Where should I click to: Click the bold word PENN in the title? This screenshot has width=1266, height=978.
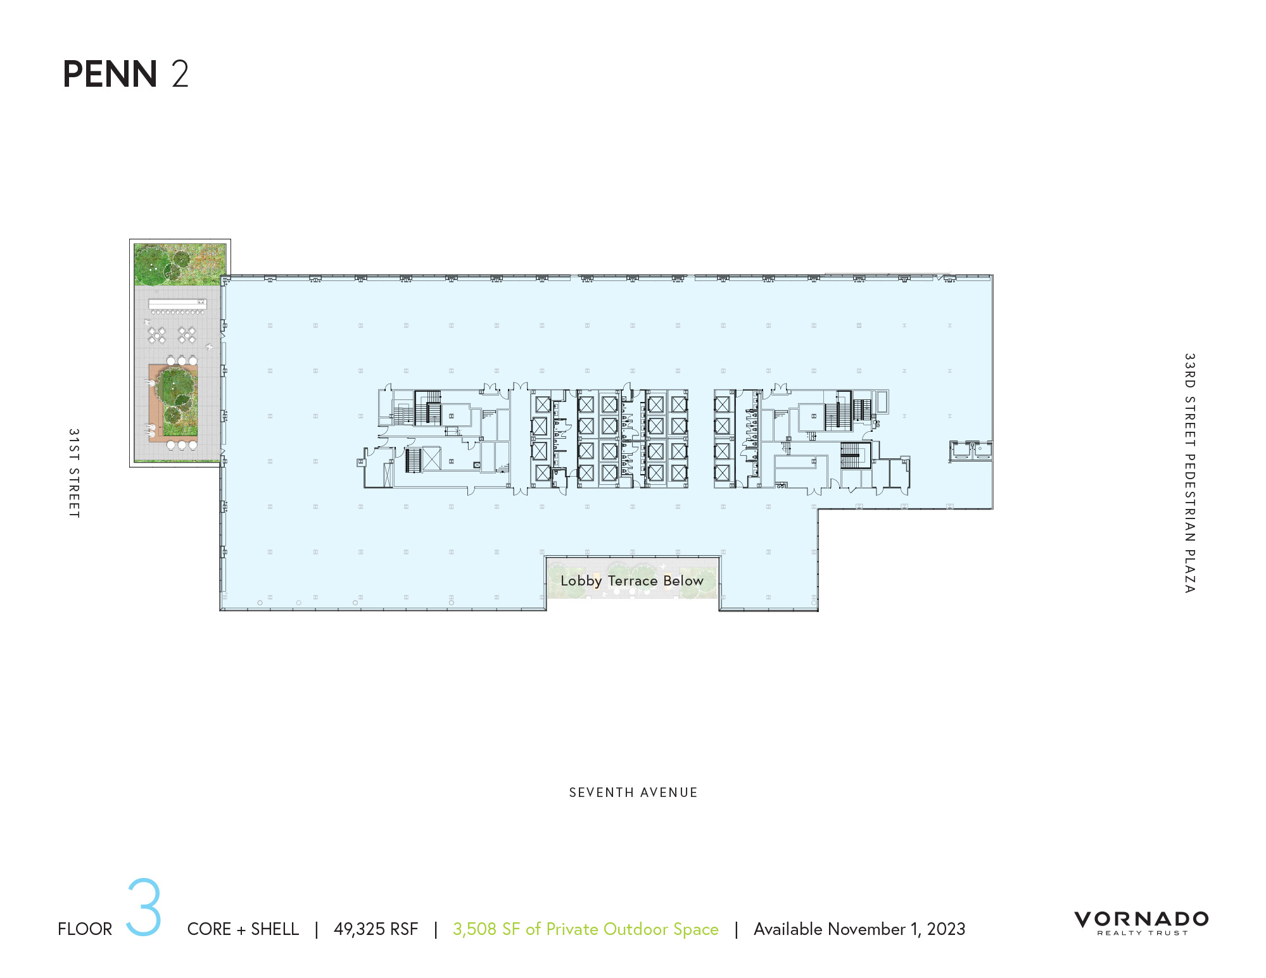coord(110,74)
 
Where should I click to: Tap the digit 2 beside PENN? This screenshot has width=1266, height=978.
coord(180,74)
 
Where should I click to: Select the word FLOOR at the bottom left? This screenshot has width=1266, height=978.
coord(85,929)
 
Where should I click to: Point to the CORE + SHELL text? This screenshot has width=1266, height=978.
coord(243,929)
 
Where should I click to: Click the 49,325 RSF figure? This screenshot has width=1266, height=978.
coord(376,929)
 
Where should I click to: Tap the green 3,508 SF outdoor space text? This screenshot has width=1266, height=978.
coord(585,929)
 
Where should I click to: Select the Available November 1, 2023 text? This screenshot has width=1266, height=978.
coord(859,929)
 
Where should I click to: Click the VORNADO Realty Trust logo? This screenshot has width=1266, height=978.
coord(1141,922)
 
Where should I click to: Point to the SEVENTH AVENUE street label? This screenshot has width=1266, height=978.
coord(633,793)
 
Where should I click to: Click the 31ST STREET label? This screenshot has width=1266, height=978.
coord(74,473)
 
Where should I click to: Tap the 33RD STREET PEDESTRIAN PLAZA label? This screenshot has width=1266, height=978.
coord(1189,473)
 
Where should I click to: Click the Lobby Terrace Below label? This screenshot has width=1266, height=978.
coord(631,580)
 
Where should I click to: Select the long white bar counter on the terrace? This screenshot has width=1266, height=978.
coord(177,304)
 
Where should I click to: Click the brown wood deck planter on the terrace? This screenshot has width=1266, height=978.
coord(172,403)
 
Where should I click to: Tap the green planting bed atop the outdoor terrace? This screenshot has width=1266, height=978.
coord(180,263)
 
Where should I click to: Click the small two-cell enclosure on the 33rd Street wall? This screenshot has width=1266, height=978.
coord(970,450)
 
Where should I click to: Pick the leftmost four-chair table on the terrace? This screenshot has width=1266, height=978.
coord(156,335)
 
